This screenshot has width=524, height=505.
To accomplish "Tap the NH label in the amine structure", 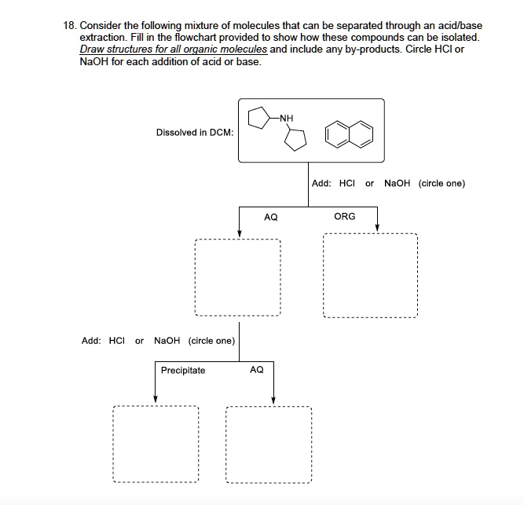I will coord(286,119).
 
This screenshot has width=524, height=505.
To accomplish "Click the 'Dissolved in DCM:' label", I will coord(194,133).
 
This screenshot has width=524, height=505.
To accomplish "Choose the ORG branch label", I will coord(344,216).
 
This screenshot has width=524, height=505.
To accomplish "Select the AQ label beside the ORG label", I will coord(270,216).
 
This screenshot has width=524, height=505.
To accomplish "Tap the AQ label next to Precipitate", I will coord(256,369).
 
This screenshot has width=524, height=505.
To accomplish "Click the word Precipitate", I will coord(182,370).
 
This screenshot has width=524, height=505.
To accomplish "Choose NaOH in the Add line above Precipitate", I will coord(167,341).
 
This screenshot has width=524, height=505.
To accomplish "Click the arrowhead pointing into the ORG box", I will coord(377,228).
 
